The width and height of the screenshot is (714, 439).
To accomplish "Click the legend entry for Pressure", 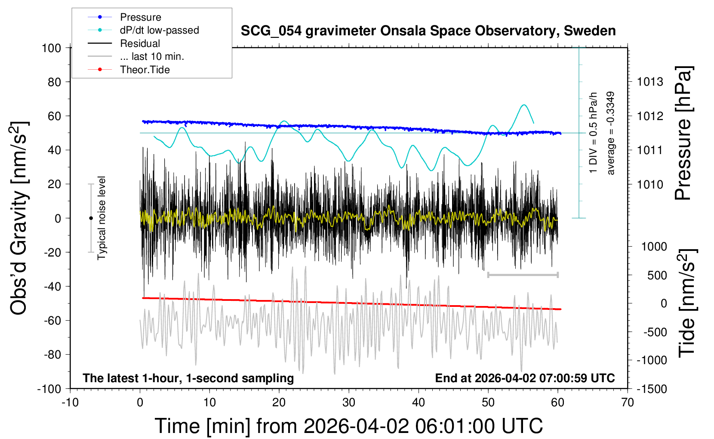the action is coord(124,17).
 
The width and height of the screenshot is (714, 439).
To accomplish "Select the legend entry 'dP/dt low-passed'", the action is coord(143,30).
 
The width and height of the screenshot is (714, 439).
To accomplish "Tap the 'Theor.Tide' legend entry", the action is coord(129,70).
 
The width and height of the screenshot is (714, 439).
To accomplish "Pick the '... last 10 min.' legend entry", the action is coord(136,56).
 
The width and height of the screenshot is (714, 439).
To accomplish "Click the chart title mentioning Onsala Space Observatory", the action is coord(428,31).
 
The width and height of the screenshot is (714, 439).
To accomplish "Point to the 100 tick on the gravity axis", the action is coord(51,48).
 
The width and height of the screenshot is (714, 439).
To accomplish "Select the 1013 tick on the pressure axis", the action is coord(650,82).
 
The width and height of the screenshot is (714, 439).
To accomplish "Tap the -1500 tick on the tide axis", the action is coord(652,389).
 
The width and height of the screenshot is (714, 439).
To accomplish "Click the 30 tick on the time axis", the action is coord(349,402).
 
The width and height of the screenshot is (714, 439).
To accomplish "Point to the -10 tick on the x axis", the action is coord(70,402).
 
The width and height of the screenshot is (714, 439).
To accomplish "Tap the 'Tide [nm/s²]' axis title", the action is coord(687,303).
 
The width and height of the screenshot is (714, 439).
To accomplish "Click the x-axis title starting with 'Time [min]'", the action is coord(349,426).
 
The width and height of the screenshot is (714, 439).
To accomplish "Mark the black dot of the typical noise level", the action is coord(91,218).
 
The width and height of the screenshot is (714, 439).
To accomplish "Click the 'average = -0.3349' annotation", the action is coord(610,133).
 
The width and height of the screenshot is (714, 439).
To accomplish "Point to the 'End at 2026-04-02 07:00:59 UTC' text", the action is coord(525,378).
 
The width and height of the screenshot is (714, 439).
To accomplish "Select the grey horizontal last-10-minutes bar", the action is coord(523,275).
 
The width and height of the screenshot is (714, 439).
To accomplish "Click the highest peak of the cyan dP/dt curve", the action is coord(524,105).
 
